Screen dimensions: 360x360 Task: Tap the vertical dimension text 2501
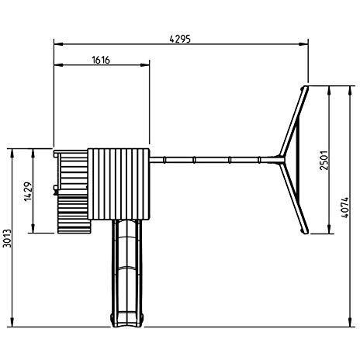click(326, 159)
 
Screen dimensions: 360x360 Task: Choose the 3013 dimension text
click(8, 238)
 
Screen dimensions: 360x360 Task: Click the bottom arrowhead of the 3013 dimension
click(12, 324)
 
